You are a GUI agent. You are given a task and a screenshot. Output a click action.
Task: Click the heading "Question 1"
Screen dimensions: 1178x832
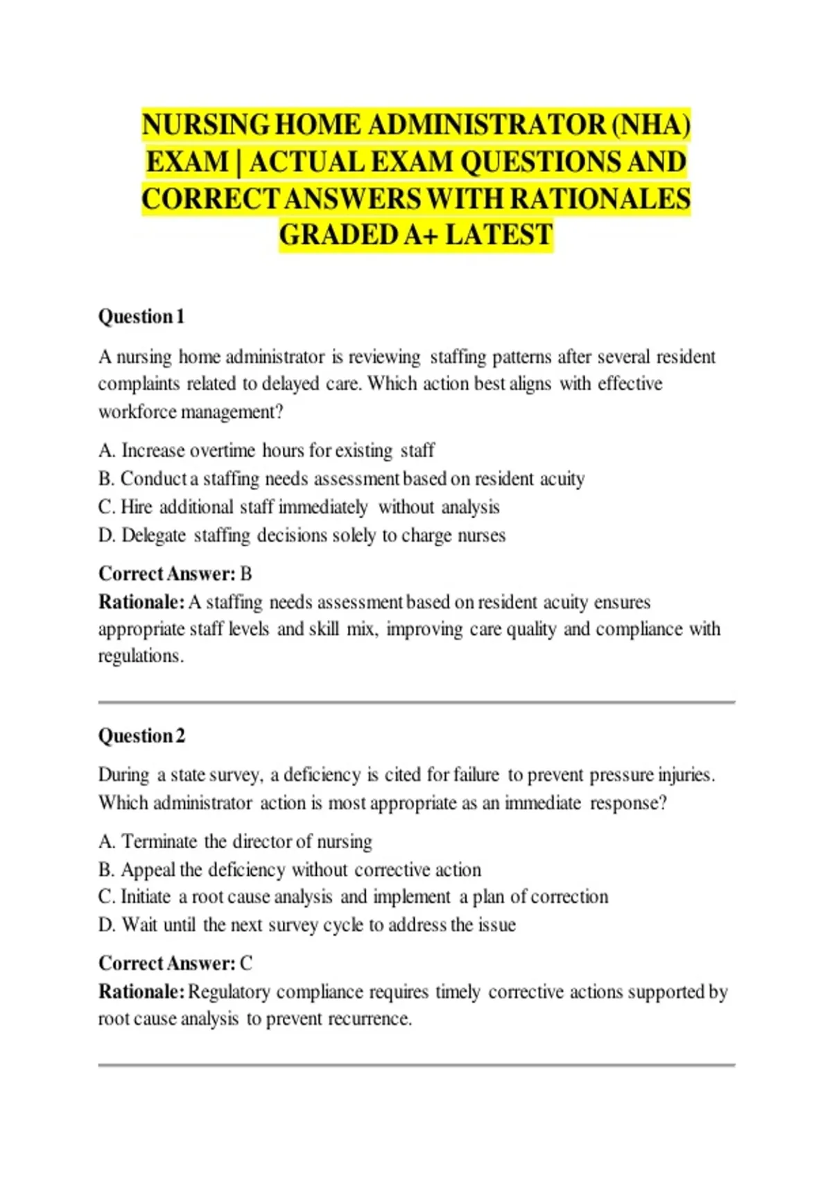(x=141, y=317)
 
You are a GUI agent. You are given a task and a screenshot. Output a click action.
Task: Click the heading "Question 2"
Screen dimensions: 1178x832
(x=141, y=735)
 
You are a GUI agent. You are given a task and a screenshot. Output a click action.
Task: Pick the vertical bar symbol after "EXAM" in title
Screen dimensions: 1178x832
(x=239, y=162)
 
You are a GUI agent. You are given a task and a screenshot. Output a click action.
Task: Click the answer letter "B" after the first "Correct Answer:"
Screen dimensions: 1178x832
(x=245, y=574)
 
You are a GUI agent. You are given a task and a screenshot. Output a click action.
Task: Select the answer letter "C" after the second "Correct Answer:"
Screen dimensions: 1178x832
(x=246, y=963)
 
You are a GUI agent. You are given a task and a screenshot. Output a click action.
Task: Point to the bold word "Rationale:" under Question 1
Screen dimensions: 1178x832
(x=141, y=601)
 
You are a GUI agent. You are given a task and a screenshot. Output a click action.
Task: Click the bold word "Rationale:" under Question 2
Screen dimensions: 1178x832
(x=141, y=992)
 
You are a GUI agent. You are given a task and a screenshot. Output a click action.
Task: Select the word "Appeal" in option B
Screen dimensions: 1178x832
(x=148, y=870)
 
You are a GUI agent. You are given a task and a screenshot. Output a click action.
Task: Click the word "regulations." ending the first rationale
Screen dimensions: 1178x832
(x=141, y=656)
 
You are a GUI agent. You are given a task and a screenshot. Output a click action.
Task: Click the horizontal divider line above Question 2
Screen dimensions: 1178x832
(x=416, y=702)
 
